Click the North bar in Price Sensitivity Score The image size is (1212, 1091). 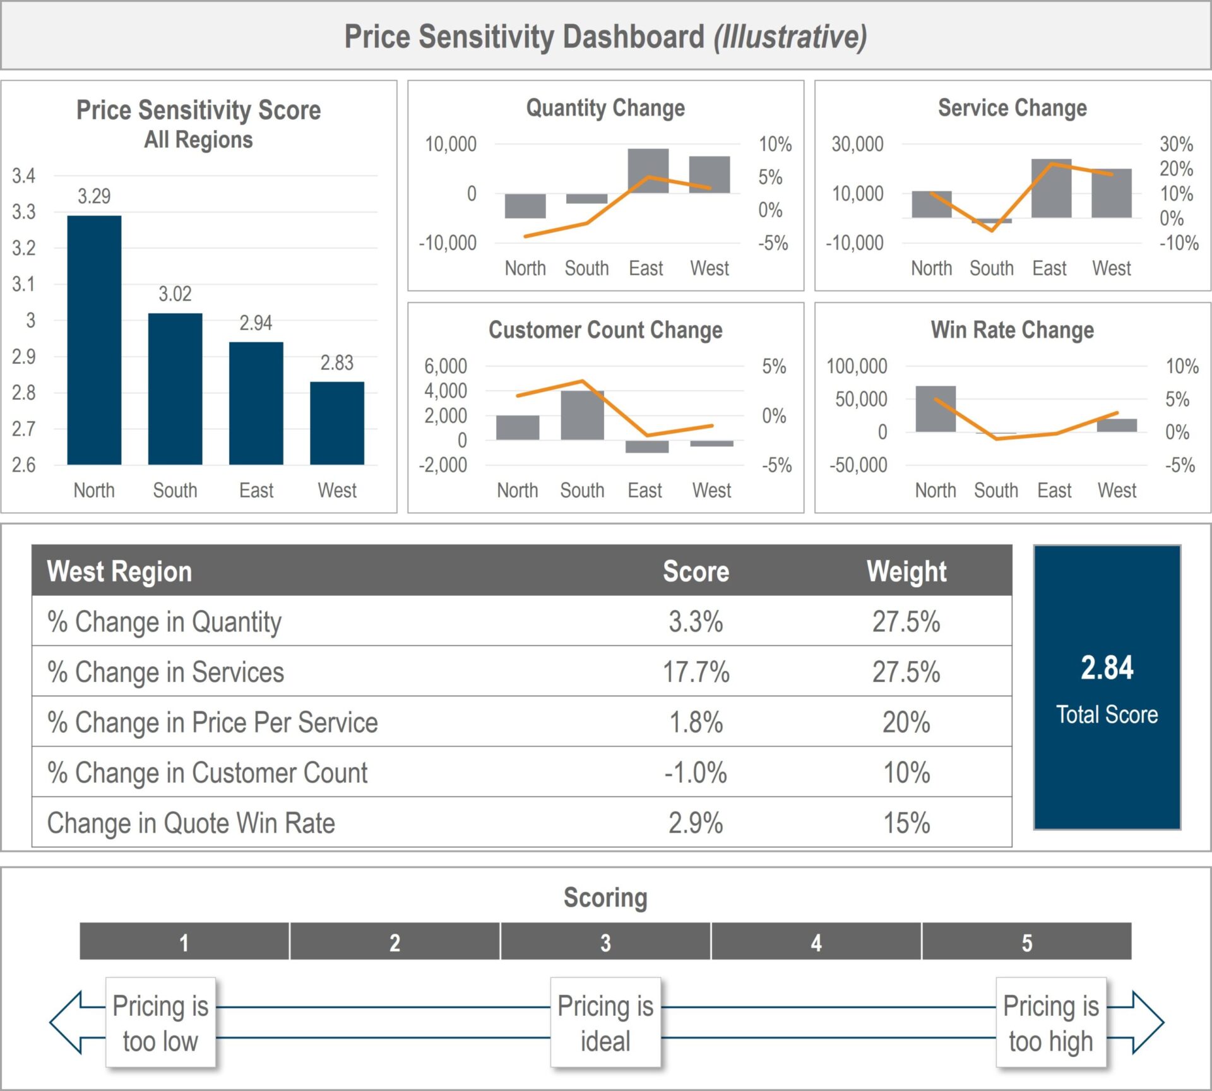point(94,341)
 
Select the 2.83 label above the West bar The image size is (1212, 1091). point(336,363)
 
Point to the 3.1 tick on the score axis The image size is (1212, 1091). point(24,284)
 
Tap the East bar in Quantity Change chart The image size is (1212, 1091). point(648,170)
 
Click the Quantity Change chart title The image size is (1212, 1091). point(605,108)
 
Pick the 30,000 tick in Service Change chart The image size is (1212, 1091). point(857,144)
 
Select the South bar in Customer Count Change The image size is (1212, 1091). point(582,415)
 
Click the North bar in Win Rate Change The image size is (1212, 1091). point(936,409)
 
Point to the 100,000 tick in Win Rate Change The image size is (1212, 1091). point(857,366)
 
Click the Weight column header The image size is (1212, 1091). point(906,571)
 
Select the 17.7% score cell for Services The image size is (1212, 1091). point(696,672)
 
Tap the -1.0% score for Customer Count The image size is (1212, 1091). point(696,773)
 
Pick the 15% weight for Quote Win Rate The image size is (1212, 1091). point(906,823)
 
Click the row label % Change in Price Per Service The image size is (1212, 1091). point(213,722)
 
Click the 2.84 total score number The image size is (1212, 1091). point(1107,668)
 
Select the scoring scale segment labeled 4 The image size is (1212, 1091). point(816,942)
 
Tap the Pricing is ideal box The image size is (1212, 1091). point(605,1023)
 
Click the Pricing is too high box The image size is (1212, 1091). point(1051,1023)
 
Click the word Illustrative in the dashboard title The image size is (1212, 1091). point(790,37)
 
